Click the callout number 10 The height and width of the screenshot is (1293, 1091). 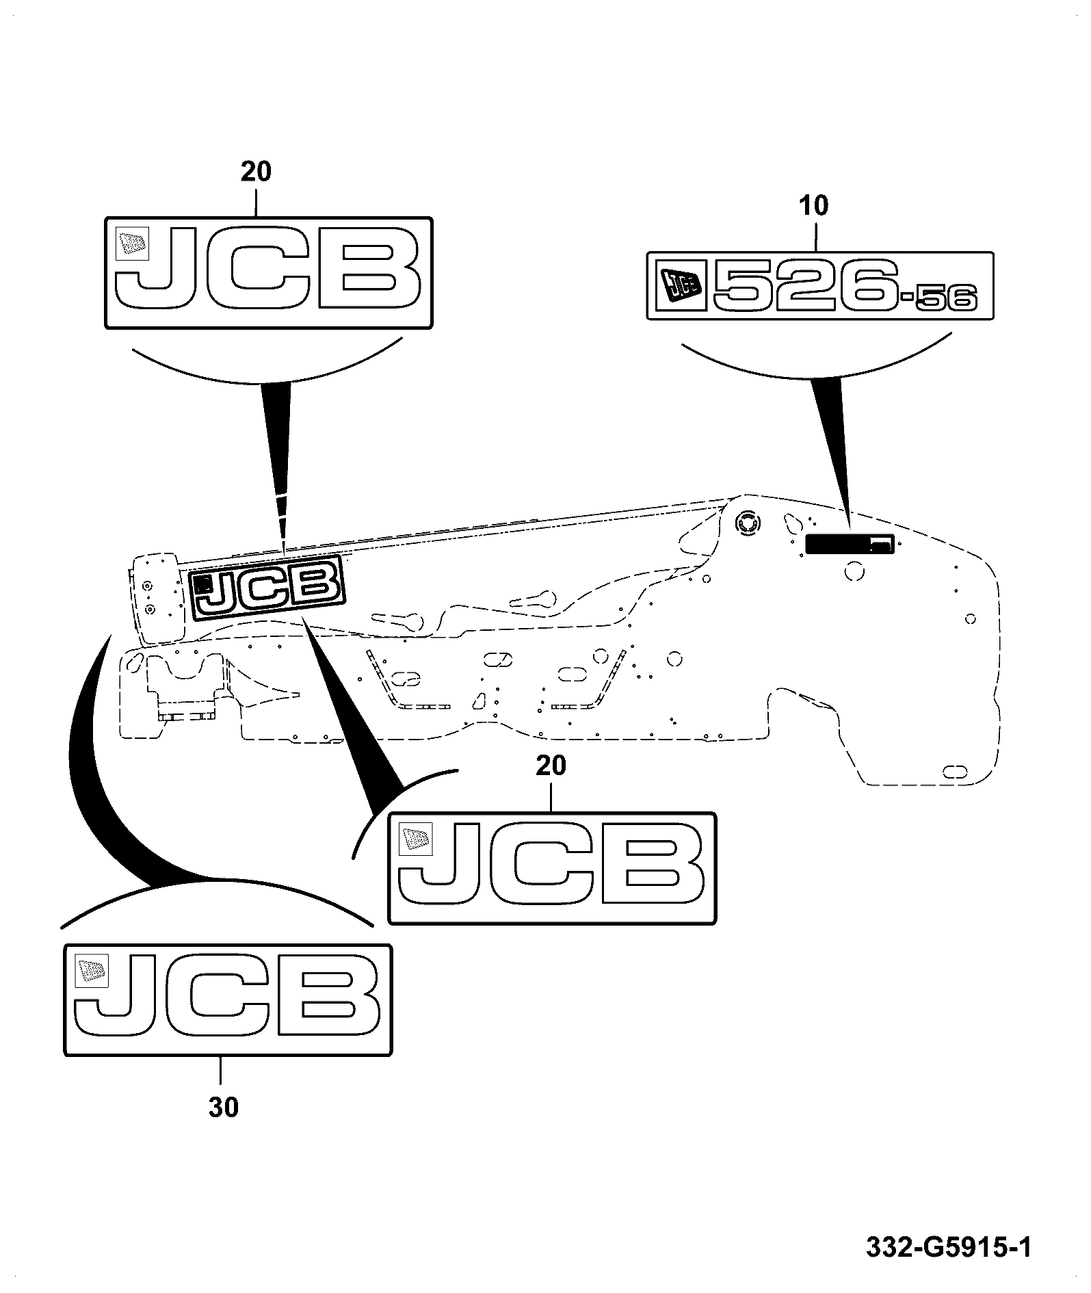[813, 205]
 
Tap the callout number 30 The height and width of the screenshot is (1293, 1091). [224, 1108]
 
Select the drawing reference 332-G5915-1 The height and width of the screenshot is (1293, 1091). [949, 1247]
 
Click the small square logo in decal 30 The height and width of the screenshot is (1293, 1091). [91, 970]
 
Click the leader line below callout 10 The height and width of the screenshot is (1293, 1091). [814, 233]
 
